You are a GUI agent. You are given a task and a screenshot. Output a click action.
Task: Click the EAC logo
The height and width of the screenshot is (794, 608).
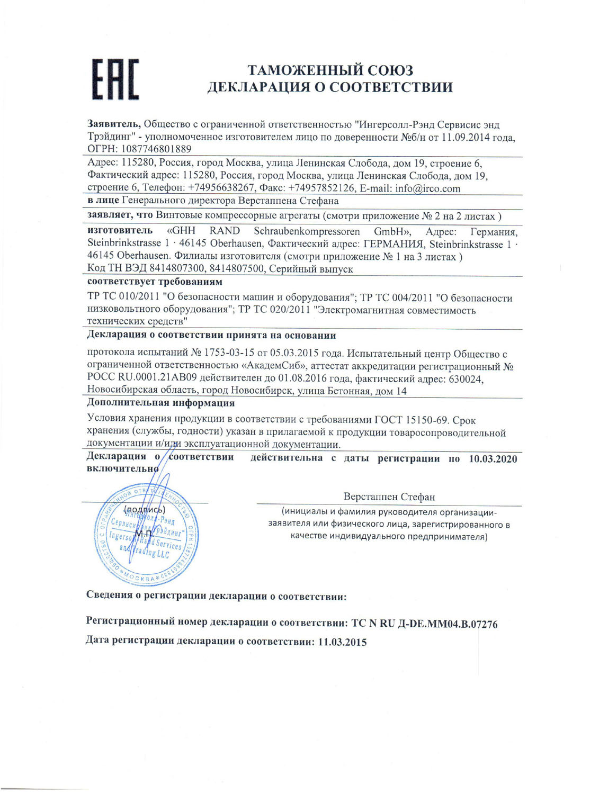(x=116, y=79)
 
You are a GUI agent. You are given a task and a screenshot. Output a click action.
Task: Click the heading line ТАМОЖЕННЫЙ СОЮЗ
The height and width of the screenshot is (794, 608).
(x=330, y=70)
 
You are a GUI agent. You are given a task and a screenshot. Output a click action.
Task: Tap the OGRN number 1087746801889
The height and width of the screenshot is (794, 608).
(x=157, y=149)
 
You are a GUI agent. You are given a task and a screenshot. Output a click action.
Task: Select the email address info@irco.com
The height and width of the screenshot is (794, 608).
(x=427, y=188)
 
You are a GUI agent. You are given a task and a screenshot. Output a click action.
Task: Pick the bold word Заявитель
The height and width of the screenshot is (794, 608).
(x=113, y=124)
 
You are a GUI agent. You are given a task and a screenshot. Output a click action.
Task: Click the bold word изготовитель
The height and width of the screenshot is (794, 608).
(x=120, y=231)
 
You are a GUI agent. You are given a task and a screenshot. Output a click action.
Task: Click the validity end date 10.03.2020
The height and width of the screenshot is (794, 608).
(x=493, y=459)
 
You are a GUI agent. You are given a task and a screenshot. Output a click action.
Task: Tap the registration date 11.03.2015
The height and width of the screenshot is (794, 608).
(x=342, y=642)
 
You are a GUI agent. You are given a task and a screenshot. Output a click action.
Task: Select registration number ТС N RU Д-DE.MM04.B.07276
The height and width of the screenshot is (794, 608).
(x=425, y=624)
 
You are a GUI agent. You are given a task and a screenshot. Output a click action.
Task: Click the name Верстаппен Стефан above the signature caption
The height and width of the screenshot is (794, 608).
(x=389, y=497)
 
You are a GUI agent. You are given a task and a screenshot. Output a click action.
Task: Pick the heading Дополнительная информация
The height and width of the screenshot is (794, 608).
(x=161, y=403)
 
